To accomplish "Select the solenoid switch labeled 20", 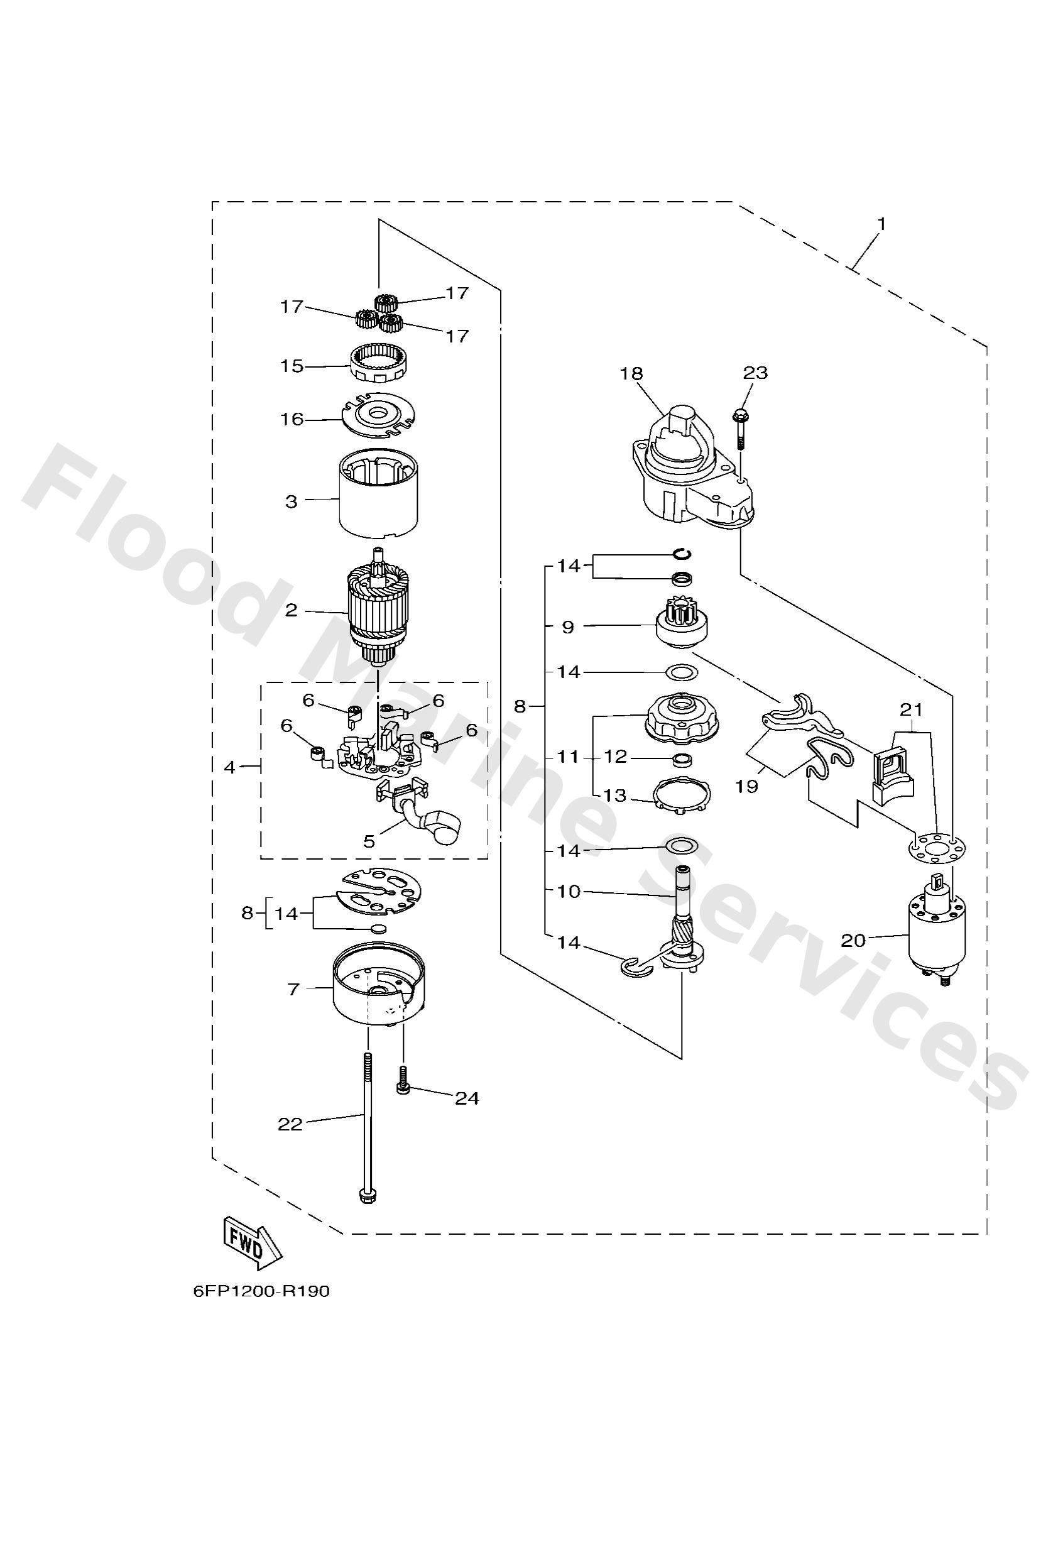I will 937,933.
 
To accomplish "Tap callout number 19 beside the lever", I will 747,785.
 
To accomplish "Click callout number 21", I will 911,709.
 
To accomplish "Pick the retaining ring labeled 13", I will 682,797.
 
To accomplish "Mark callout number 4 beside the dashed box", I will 229,767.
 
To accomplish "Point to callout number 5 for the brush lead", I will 368,841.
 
